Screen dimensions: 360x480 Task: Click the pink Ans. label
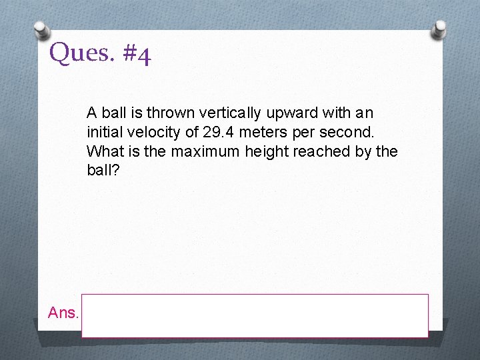(x=63, y=312)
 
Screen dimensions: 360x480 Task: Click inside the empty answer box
(x=255, y=315)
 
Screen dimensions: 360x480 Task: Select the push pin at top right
(x=439, y=29)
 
